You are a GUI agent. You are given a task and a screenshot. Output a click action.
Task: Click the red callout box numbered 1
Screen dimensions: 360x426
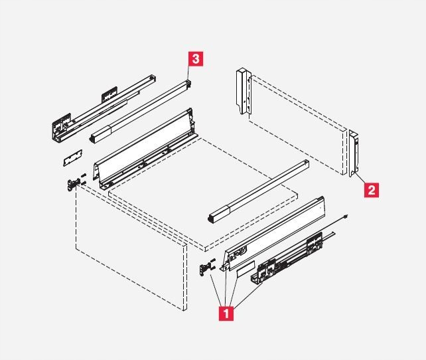click(x=226, y=313)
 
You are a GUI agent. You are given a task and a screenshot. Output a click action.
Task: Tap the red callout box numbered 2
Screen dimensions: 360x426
click(x=372, y=190)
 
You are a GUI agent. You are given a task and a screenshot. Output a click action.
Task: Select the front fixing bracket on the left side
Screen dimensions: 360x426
click(x=70, y=185)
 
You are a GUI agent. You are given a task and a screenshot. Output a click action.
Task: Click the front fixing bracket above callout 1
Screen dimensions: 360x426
click(x=207, y=266)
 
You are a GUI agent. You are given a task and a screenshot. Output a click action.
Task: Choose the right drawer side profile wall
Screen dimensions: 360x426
click(x=275, y=229)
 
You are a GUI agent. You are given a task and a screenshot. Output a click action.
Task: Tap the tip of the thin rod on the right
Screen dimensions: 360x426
click(x=348, y=216)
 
